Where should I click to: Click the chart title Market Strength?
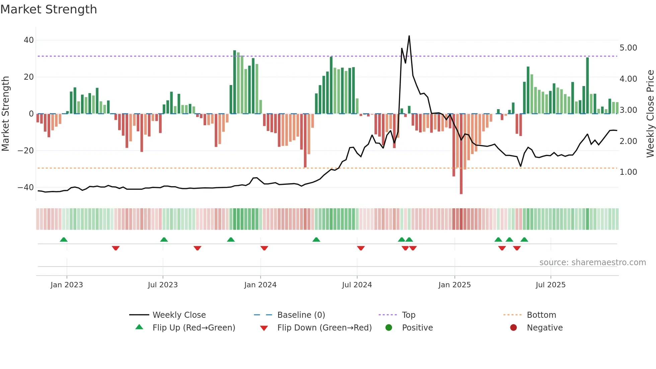[49, 9]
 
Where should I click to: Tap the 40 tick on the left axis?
[29, 40]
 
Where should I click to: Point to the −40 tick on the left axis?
[26, 188]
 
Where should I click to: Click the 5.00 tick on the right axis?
[628, 48]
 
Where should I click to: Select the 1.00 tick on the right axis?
[628, 172]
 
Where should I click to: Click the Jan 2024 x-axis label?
[260, 285]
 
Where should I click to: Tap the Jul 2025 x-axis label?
[550, 285]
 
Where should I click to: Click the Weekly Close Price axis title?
[650, 114]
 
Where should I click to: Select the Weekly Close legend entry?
[179, 315]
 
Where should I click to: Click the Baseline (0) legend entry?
[301, 315]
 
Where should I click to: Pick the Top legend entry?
[408, 315]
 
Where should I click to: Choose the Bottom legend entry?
[541, 315]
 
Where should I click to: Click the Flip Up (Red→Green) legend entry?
[193, 328]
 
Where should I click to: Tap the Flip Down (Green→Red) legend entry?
[324, 328]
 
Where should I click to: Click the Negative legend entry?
[545, 328]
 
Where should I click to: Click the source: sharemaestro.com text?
[592, 263]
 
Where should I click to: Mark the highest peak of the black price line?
[409, 36]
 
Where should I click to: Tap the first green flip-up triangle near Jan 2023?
[64, 239]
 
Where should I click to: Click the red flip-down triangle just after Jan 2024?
[264, 248]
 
